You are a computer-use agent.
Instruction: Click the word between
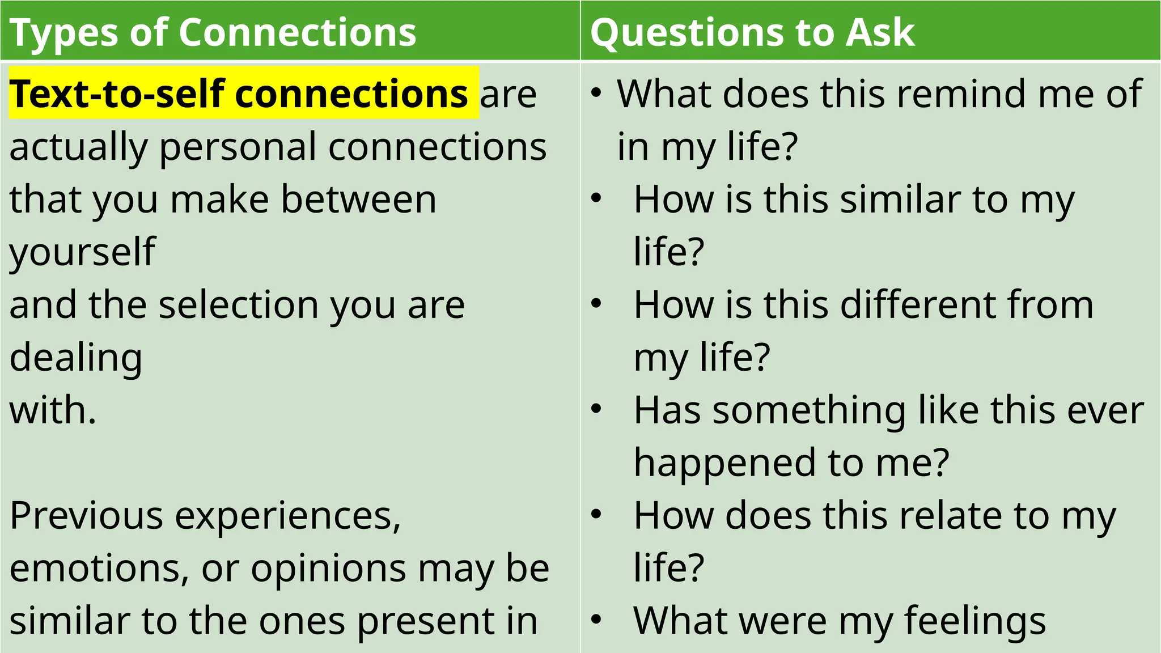pyautogui.click(x=359, y=199)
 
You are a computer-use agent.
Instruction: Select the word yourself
pyautogui.click(x=83, y=252)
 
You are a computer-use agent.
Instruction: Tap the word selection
pyautogui.click(x=239, y=304)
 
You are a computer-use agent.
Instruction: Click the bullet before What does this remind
pyautogui.click(x=595, y=92)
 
